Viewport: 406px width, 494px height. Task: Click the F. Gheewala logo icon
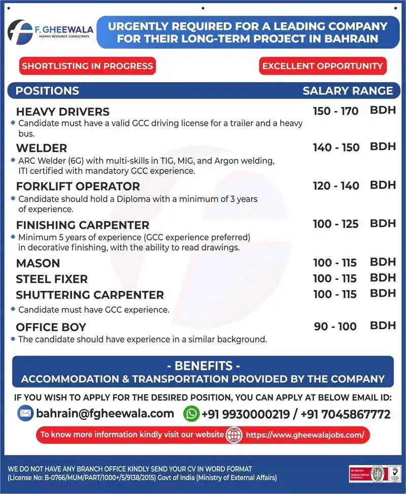click(x=21, y=32)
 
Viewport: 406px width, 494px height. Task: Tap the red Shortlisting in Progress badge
click(x=87, y=66)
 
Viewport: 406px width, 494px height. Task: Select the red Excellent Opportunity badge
click(x=322, y=66)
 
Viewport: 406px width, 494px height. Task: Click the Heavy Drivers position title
click(x=63, y=112)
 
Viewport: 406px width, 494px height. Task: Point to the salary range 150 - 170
click(x=335, y=111)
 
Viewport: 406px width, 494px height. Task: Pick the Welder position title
click(x=42, y=148)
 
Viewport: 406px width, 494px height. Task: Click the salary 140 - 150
click(x=336, y=148)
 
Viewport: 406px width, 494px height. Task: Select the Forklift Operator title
click(x=78, y=186)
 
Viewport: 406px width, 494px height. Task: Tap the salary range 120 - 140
click(x=336, y=186)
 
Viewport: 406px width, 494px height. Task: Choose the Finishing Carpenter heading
click(x=83, y=225)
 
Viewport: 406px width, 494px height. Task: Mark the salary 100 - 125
click(x=336, y=224)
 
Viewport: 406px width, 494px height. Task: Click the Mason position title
click(x=38, y=263)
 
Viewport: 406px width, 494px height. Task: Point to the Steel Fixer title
click(x=52, y=279)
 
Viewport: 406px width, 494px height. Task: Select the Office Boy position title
click(x=51, y=327)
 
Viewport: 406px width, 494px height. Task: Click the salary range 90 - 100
click(x=335, y=327)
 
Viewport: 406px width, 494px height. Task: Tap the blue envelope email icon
click(x=25, y=413)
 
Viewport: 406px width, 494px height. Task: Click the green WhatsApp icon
click(x=191, y=413)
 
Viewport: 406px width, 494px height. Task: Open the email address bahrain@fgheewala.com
click(x=105, y=413)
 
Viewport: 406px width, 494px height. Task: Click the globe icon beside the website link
click(x=233, y=435)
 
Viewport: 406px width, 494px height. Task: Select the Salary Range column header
click(x=348, y=91)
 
